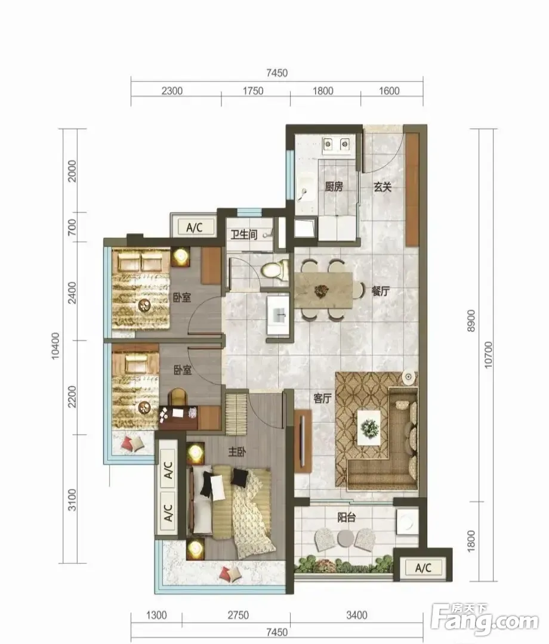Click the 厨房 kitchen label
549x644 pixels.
(334, 187)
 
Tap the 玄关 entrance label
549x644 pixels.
(382, 187)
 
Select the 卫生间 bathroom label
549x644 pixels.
(243, 234)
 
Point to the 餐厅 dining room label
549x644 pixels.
(381, 291)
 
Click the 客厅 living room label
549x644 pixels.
(323, 398)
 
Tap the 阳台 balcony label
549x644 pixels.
(347, 518)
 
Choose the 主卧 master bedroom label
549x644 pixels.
(237, 452)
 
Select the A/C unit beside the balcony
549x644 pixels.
(423, 568)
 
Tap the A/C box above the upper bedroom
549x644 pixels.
(195, 227)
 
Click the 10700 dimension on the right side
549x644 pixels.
(488, 355)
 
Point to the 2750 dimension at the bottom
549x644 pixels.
(238, 615)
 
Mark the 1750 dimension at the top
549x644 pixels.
(253, 91)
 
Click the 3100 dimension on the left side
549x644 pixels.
(72, 500)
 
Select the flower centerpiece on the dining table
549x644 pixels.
(322, 291)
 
